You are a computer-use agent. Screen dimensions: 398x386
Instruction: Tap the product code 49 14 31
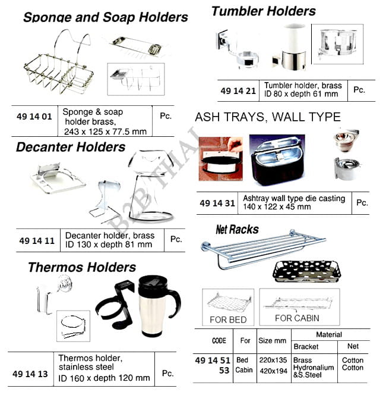point(217,203)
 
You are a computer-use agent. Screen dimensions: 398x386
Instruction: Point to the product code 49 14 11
point(37,241)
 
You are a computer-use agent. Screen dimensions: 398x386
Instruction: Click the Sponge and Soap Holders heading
point(106,17)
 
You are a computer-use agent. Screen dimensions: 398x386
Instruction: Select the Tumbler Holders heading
point(264,11)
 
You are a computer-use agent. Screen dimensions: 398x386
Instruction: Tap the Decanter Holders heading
point(71,147)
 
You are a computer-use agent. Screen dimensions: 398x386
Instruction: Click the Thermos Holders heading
point(82,267)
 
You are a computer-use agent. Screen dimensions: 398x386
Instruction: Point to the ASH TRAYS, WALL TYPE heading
point(268,117)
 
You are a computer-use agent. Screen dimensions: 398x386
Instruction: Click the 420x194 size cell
point(273,369)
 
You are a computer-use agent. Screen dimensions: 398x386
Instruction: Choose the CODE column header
point(219,341)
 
